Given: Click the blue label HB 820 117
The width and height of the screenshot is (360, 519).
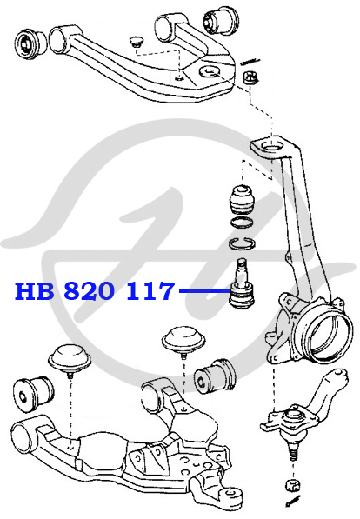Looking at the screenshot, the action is point(95,291).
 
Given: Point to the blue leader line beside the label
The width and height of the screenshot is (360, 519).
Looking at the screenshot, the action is point(204,290).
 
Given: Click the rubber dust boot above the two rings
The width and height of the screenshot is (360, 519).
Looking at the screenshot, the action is point(243,200).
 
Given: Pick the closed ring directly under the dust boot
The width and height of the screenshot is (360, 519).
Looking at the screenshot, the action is point(243,223).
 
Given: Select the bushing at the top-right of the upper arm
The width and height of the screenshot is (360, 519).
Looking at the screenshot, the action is point(220,20).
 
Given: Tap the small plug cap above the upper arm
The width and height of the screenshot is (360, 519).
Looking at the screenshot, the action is point(136,42).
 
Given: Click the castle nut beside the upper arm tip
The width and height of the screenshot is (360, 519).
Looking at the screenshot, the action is point(250,78).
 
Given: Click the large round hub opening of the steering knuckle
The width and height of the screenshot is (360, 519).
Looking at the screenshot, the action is point(327,337).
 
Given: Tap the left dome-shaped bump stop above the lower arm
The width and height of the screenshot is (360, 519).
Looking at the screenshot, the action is point(70,358).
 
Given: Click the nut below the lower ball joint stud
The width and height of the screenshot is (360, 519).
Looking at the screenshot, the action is point(293,484).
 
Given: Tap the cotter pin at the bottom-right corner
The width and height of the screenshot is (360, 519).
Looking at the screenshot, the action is point(294,501).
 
